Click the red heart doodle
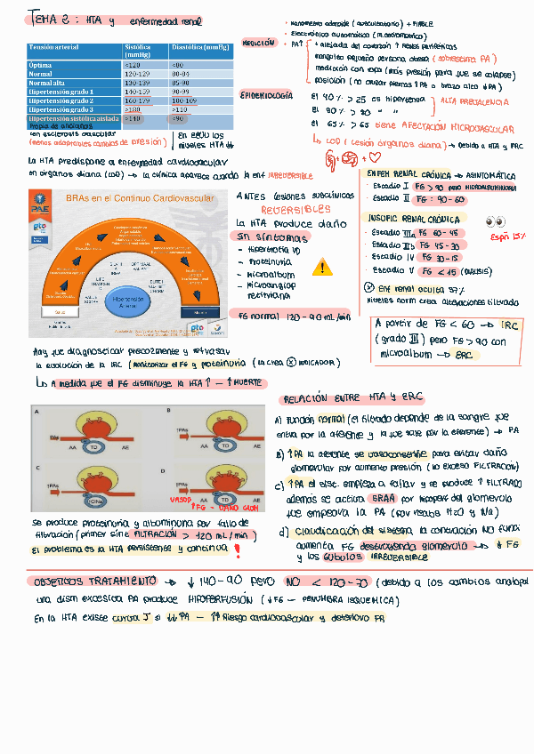[385, 157]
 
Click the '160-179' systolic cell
[138, 100]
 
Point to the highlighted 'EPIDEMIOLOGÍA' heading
[265, 95]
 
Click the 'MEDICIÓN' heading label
[258, 43]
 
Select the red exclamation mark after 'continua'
[237, 550]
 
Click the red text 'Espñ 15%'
[508, 238]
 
